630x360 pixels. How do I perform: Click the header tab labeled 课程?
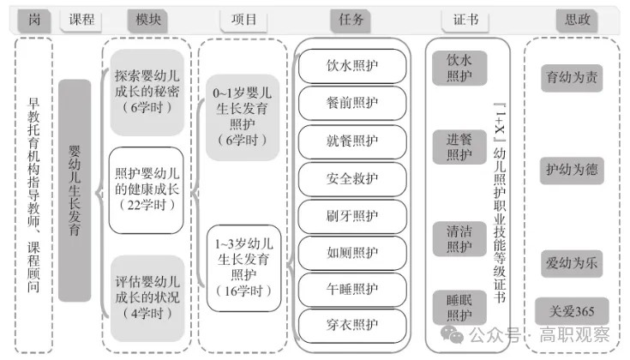[81, 19]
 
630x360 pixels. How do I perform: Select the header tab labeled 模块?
[147, 19]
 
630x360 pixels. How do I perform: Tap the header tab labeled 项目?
[243, 19]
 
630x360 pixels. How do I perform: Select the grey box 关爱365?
[572, 311]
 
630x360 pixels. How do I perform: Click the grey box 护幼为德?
[572, 170]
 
